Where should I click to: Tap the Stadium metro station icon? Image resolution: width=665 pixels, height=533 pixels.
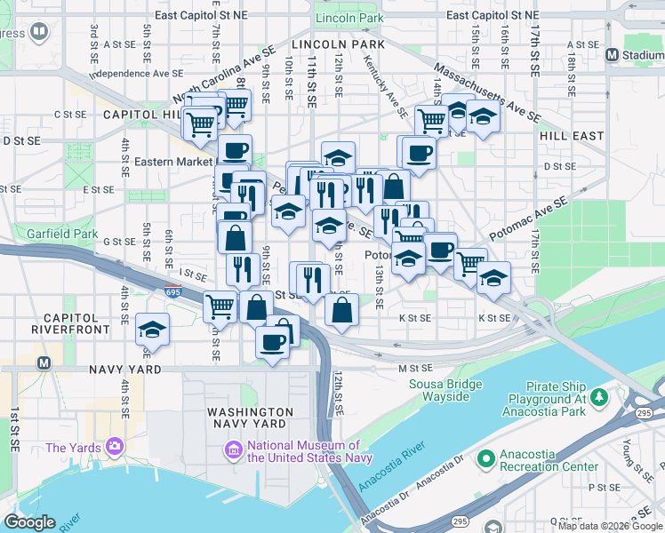tap(612, 55)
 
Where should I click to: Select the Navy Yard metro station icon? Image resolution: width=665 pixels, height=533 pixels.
tap(43, 362)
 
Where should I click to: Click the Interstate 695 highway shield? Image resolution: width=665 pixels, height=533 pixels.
tap(173, 291)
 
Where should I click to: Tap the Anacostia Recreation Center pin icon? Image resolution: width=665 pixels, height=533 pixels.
tap(485, 459)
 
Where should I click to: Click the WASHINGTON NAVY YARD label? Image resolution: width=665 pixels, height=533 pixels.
tap(250, 418)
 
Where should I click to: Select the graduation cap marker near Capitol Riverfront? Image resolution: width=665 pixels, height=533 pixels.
tap(153, 330)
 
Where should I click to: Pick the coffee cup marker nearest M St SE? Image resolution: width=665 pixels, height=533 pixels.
tap(273, 341)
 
